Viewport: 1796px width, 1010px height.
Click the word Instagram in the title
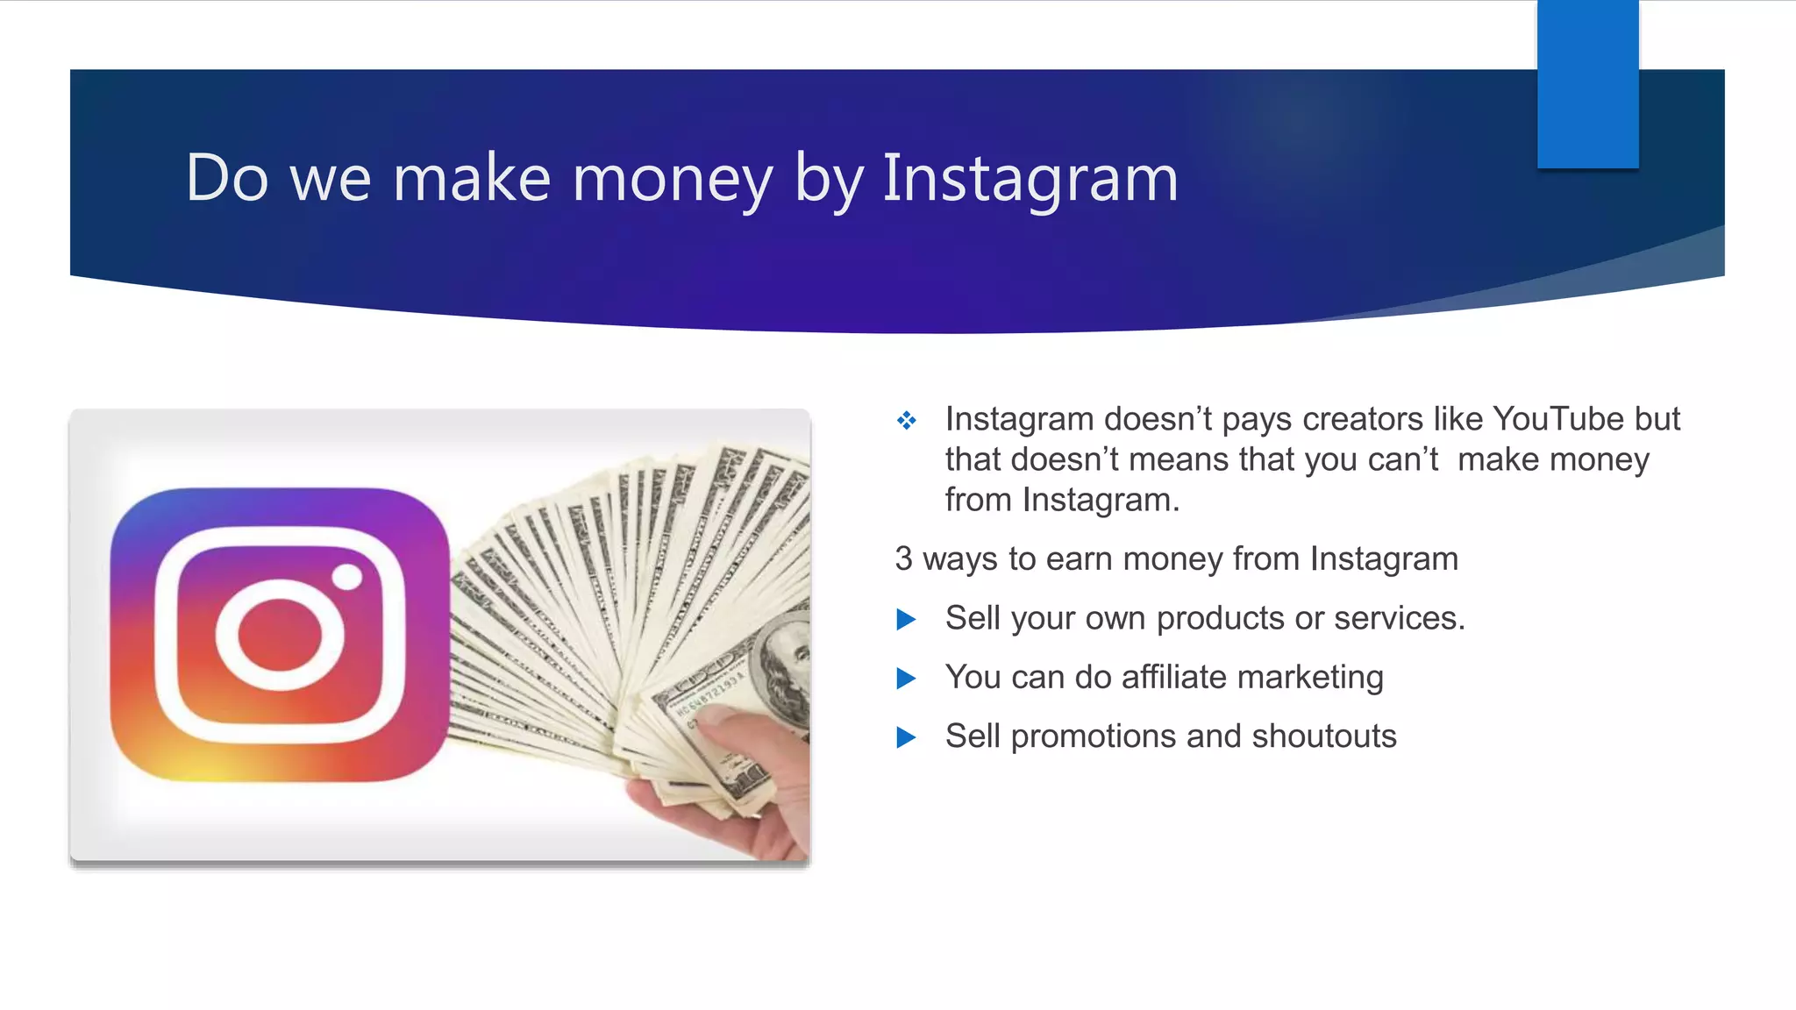1030,178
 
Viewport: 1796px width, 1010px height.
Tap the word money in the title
673,178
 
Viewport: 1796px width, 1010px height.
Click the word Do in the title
226,178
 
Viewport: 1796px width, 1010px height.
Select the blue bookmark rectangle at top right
1587,83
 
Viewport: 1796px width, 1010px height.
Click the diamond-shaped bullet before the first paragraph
906,421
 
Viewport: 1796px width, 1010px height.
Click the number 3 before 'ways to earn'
903,559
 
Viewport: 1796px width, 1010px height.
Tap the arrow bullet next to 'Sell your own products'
906,620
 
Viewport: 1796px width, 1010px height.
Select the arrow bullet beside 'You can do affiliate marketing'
906,679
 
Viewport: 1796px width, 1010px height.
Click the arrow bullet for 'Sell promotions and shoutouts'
906,737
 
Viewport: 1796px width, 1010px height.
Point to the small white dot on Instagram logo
347,577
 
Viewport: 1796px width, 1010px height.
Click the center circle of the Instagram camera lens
280,636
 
